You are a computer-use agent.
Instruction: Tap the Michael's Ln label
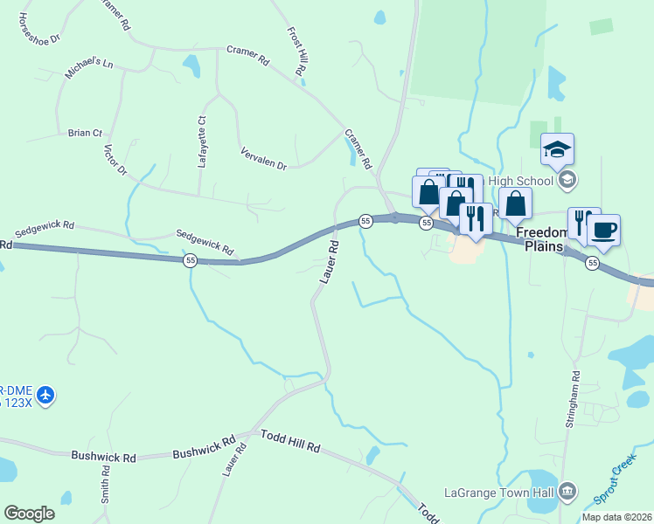[x=88, y=69]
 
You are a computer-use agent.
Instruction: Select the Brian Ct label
[x=85, y=133]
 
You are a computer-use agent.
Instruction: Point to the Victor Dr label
[x=115, y=159]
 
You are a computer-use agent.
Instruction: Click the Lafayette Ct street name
[x=201, y=141]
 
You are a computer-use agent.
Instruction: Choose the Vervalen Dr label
[x=263, y=158]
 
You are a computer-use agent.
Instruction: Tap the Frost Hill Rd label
[x=296, y=55]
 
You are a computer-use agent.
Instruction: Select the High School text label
[x=521, y=181]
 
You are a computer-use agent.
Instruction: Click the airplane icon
[x=45, y=396]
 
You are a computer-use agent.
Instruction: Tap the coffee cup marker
[x=603, y=231]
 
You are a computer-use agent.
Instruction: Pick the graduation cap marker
[x=557, y=149]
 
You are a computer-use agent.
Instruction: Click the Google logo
[x=29, y=514]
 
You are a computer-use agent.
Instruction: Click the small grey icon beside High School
[x=567, y=181]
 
